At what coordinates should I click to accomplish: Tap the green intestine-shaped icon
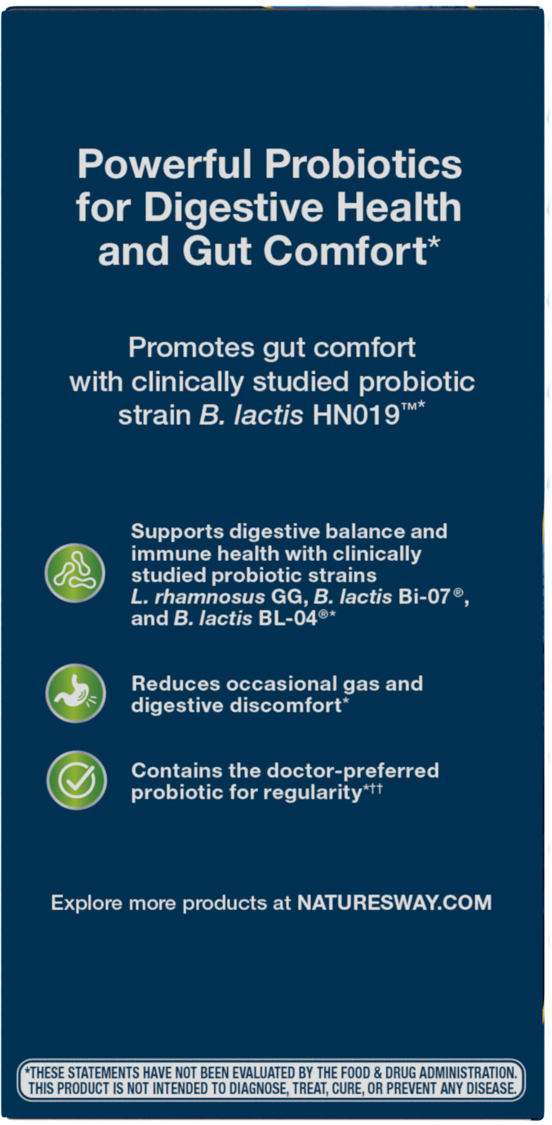[75, 573]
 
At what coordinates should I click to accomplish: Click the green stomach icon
[75, 693]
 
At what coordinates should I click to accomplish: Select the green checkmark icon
[75, 780]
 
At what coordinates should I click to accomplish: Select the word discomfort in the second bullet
[287, 705]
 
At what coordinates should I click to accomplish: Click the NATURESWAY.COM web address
[394, 903]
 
